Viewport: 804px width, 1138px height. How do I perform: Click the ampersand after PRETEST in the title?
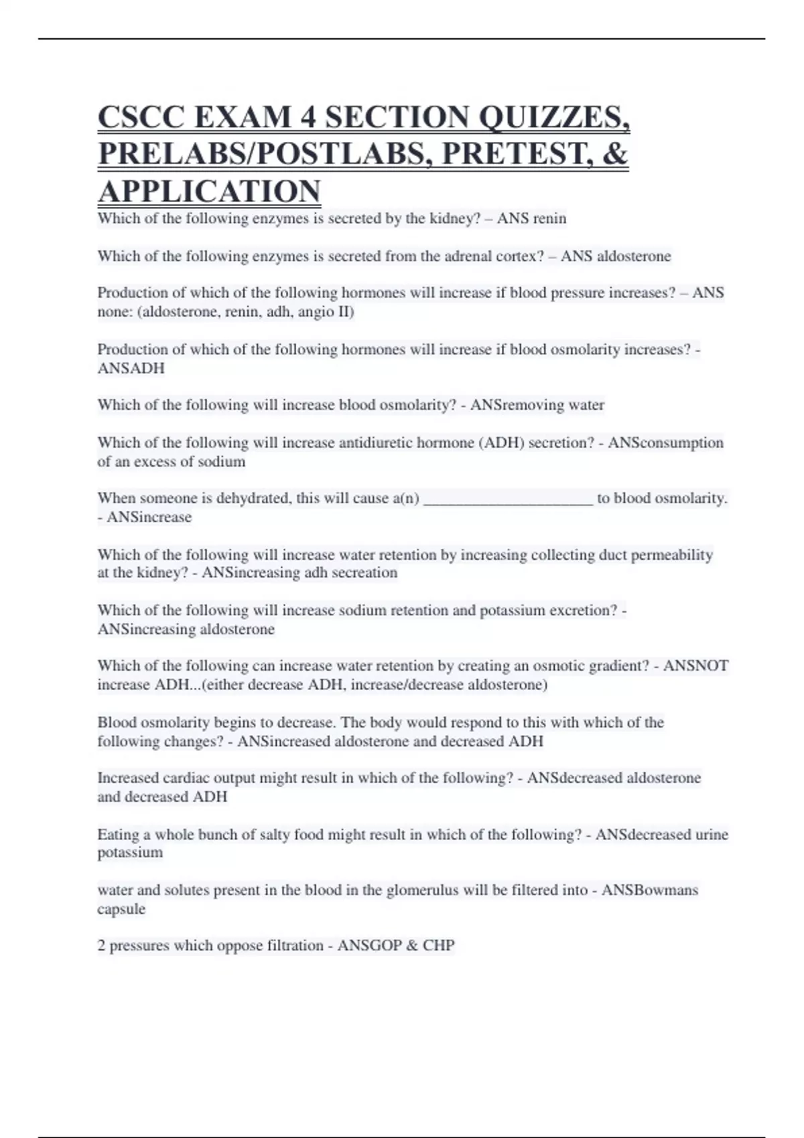[615, 154]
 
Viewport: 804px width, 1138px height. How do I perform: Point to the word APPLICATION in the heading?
[209, 191]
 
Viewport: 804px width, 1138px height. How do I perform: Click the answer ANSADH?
[131, 368]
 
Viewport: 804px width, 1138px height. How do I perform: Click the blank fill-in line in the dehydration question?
[509, 499]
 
